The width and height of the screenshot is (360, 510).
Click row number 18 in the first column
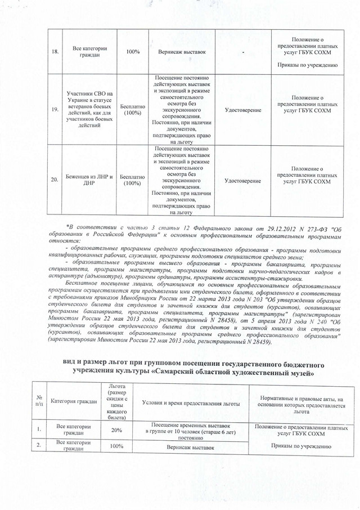click(x=55, y=52)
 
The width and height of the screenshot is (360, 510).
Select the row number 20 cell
click(x=55, y=180)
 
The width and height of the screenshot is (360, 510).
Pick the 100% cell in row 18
click(x=133, y=52)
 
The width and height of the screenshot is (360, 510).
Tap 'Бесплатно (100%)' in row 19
click(x=133, y=109)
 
